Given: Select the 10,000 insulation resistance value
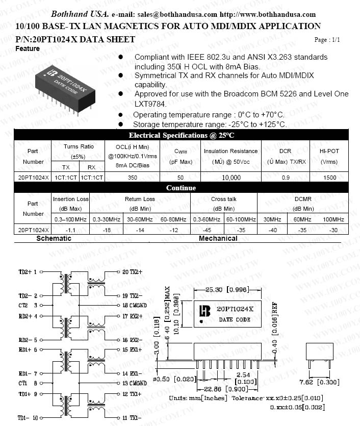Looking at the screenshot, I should pos(231,178).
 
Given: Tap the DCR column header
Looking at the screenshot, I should pos(286,151).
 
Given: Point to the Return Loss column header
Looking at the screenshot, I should pos(140,199).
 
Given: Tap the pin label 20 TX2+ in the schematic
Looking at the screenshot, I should pos(132,272).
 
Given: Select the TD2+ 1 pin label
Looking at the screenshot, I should pos(29,272).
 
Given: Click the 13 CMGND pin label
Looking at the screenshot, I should pos(134,383).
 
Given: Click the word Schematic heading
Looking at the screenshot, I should pos(54,238).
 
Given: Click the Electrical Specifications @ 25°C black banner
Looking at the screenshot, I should pos(181,135).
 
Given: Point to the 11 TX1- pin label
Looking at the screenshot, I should pos(132,418).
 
